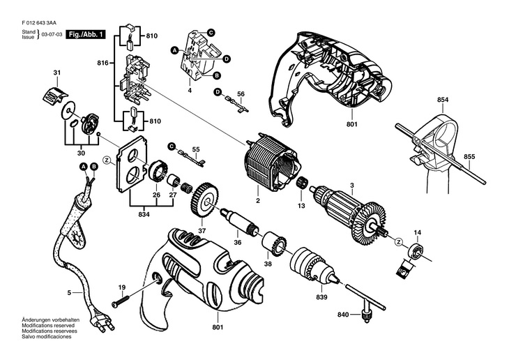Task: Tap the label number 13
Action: (301, 207)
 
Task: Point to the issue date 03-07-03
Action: (51, 34)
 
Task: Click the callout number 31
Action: (57, 73)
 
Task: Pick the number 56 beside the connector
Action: (241, 93)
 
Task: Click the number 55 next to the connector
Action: (196, 149)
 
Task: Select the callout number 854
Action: (443, 100)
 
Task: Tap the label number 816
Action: (102, 63)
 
